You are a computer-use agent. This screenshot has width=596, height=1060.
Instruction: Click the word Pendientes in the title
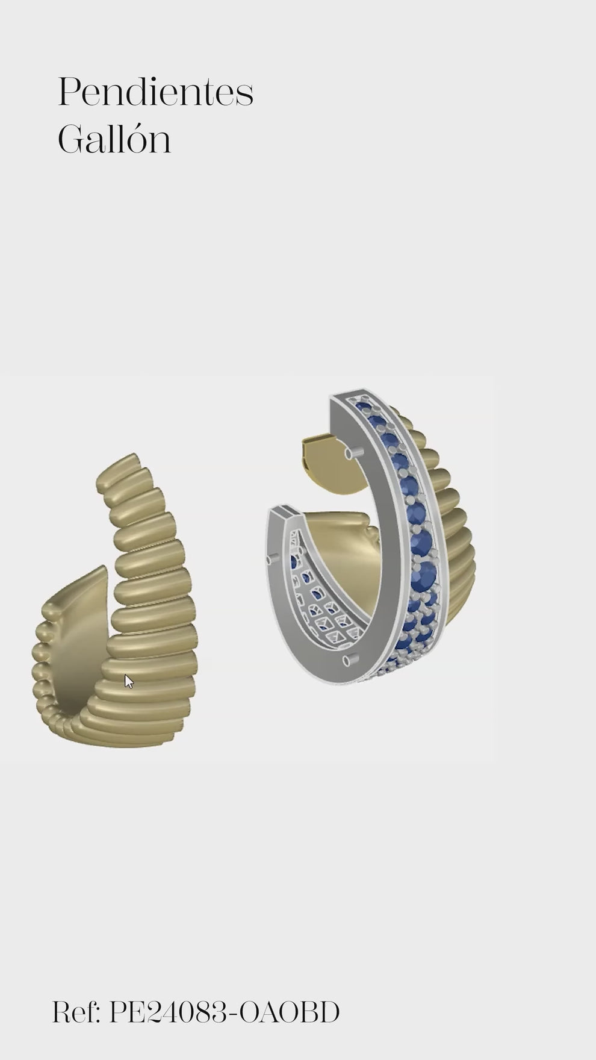click(x=155, y=92)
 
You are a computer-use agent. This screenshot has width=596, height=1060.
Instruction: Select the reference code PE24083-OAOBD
click(x=224, y=1012)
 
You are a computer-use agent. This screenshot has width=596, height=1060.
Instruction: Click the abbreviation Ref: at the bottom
click(x=76, y=1012)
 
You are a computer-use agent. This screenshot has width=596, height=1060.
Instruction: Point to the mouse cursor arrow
click(x=129, y=681)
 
